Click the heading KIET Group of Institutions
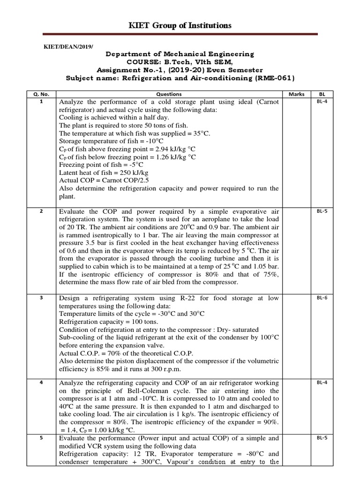click(180, 25)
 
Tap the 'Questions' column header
click(169, 94)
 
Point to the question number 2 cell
click(41, 211)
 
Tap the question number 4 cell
click(41, 382)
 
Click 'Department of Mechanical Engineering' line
click(180, 54)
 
